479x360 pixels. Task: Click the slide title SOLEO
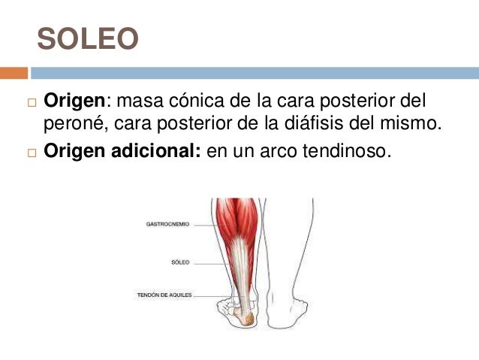point(88,40)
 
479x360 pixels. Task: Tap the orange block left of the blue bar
point(14,73)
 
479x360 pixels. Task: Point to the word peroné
point(71,122)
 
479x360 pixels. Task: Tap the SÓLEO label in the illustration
point(180,262)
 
